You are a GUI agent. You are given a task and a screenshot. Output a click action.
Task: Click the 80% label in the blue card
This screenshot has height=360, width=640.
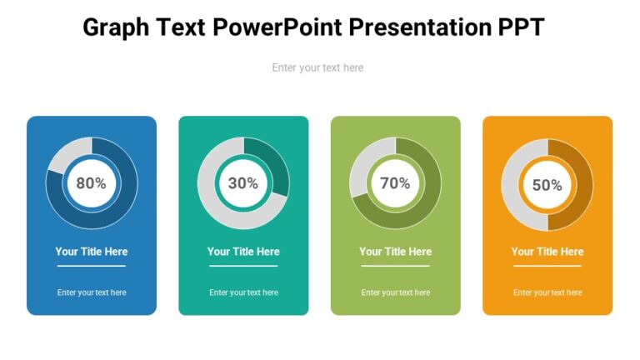92,183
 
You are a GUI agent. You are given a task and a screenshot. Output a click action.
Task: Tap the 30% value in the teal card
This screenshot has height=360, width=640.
243,183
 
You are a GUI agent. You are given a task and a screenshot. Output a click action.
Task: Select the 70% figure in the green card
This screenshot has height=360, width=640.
395,183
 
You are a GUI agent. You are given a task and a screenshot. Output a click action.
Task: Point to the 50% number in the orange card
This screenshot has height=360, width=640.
547,185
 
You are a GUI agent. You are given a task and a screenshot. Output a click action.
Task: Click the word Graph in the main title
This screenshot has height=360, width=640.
116,27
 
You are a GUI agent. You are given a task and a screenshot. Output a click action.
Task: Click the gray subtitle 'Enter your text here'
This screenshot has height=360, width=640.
317,67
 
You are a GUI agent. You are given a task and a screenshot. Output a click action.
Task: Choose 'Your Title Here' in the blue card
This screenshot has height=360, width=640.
92,252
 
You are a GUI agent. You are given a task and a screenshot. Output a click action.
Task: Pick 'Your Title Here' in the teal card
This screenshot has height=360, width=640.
243,252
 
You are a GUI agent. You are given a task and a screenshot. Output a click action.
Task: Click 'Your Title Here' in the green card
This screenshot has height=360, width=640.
395,252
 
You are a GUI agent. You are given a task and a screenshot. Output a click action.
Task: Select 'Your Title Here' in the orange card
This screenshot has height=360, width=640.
547,252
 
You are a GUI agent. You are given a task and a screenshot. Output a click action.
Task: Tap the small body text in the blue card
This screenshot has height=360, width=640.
92,292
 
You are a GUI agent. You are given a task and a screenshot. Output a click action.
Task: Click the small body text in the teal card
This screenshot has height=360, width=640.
243,292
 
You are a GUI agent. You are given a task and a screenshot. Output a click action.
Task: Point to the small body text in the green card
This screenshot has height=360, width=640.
395,292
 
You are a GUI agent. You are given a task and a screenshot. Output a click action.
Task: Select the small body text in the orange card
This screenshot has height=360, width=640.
547,292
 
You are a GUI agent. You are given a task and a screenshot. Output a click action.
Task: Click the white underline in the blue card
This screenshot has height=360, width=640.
92,266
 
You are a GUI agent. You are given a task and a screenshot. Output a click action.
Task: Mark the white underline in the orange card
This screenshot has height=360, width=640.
547,266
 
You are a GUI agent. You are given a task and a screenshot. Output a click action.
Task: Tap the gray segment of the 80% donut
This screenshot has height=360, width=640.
66,155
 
